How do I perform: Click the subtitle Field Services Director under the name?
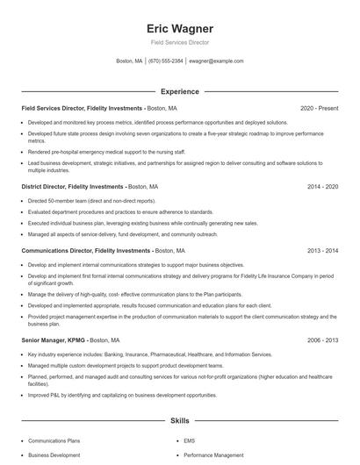pos(180,41)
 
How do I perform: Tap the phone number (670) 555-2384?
pos(166,61)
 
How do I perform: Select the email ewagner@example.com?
pos(216,61)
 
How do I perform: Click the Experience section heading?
pos(180,91)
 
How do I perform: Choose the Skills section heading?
pos(180,421)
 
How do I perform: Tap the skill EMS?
pos(189,440)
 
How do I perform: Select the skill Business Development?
pos(54,455)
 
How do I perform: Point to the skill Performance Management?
pos(215,455)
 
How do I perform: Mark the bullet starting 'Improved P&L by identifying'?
pos(122,395)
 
